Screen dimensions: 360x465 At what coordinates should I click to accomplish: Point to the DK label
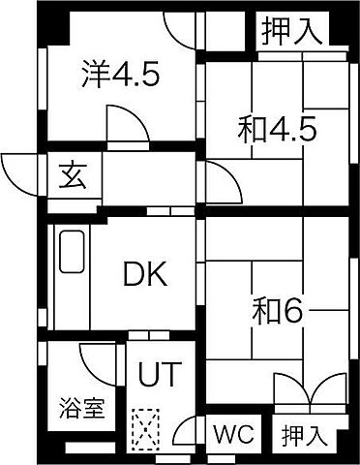[x=145, y=275]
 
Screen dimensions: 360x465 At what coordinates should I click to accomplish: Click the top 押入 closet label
[x=291, y=31]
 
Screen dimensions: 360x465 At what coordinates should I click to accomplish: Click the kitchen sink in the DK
[x=73, y=252]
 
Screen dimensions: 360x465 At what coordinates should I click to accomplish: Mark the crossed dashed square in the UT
[x=146, y=425]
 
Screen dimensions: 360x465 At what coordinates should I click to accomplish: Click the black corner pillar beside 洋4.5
[x=56, y=27]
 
